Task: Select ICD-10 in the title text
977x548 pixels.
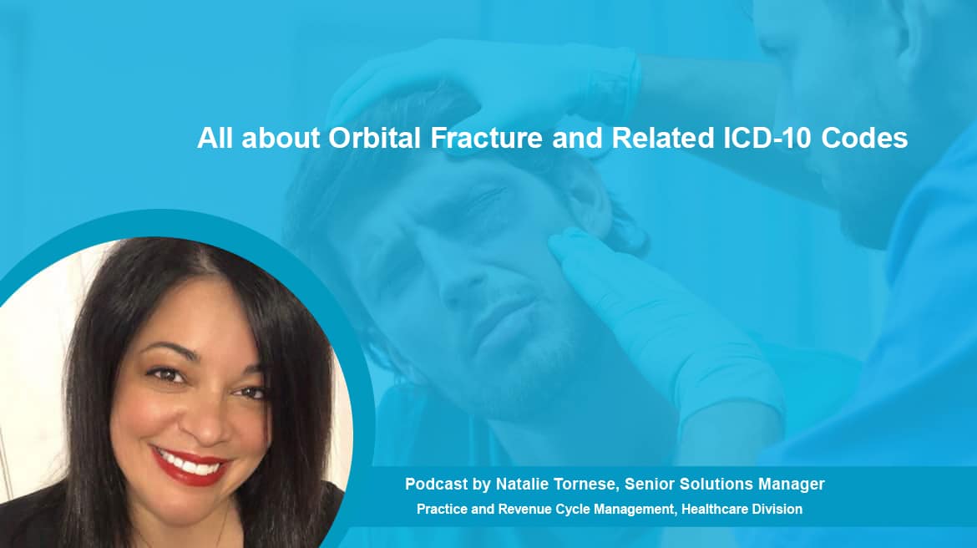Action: (x=767, y=138)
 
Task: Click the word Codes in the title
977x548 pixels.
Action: (x=864, y=138)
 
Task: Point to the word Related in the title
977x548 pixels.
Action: (x=662, y=138)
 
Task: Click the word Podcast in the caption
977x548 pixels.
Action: (x=436, y=484)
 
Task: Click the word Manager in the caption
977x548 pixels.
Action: (x=792, y=485)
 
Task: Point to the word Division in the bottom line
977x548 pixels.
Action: (x=777, y=510)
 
